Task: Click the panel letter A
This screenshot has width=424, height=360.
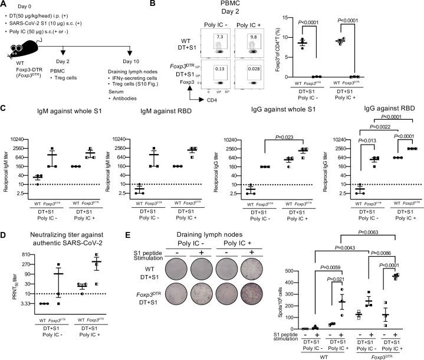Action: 4,5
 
